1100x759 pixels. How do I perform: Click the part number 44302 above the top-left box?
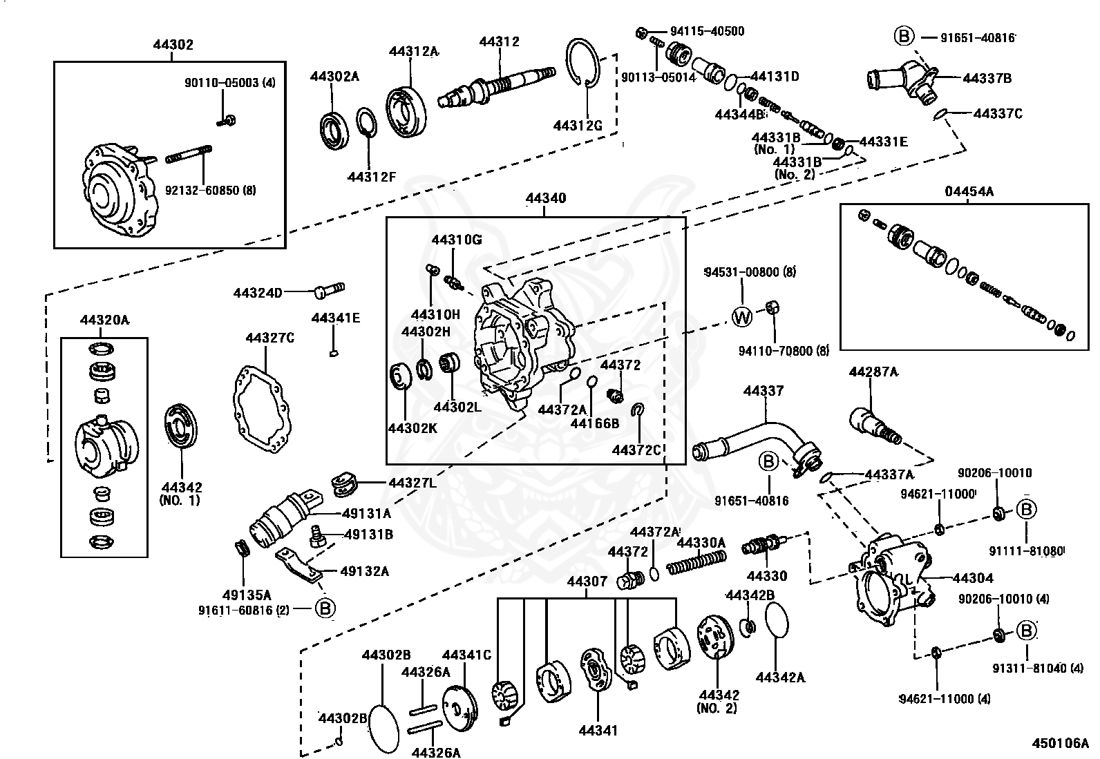(173, 45)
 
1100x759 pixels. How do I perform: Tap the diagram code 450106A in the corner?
(1060, 743)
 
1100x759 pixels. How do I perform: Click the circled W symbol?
(741, 317)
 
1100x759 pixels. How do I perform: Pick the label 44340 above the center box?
(545, 198)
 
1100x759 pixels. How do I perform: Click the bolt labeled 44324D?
(329, 290)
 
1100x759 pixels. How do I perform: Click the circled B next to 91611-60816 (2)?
(325, 608)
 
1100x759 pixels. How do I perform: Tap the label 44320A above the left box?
(104, 320)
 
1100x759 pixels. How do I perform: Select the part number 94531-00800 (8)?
(750, 272)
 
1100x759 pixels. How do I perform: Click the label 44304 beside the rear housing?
(972, 578)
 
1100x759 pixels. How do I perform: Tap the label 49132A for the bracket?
(364, 571)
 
